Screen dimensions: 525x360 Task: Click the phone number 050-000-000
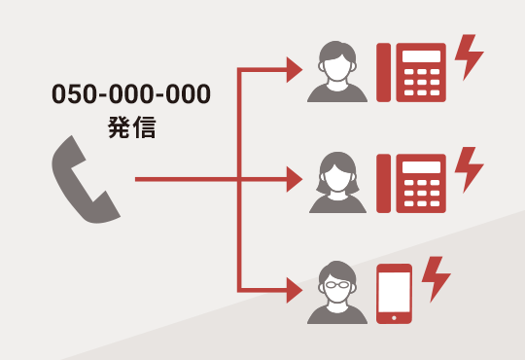tap(130, 95)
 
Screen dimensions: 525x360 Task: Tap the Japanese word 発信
tap(131, 126)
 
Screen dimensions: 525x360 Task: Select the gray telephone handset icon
tap(85, 180)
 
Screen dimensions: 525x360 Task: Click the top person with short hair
tap(337, 73)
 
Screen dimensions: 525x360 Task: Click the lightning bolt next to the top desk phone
tap(469, 57)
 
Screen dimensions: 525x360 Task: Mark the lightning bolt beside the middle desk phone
tap(469, 168)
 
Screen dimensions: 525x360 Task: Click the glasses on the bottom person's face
tap(337, 285)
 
